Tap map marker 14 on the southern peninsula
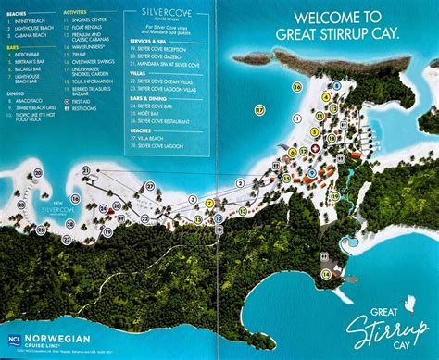326,273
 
